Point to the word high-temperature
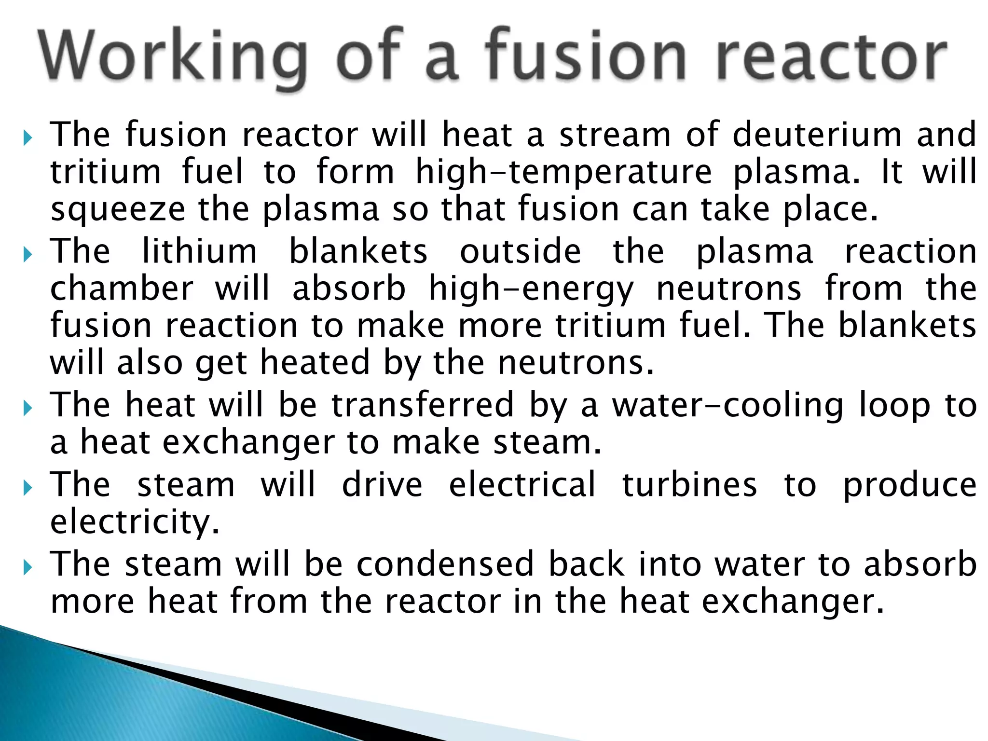[x=563, y=172]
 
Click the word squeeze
[x=118, y=210]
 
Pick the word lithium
[x=200, y=251]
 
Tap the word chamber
[x=122, y=288]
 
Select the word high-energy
[x=531, y=289]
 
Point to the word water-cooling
[x=728, y=405]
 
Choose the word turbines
[x=690, y=484]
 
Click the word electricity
[x=135, y=522]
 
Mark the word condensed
[x=445, y=564]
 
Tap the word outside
[x=520, y=251]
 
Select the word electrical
[x=522, y=484]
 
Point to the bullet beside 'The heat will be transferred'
[x=27, y=408]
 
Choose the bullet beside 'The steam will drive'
[x=27, y=488]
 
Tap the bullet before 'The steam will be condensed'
[x=27, y=567]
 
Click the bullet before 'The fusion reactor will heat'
[x=27, y=138]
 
